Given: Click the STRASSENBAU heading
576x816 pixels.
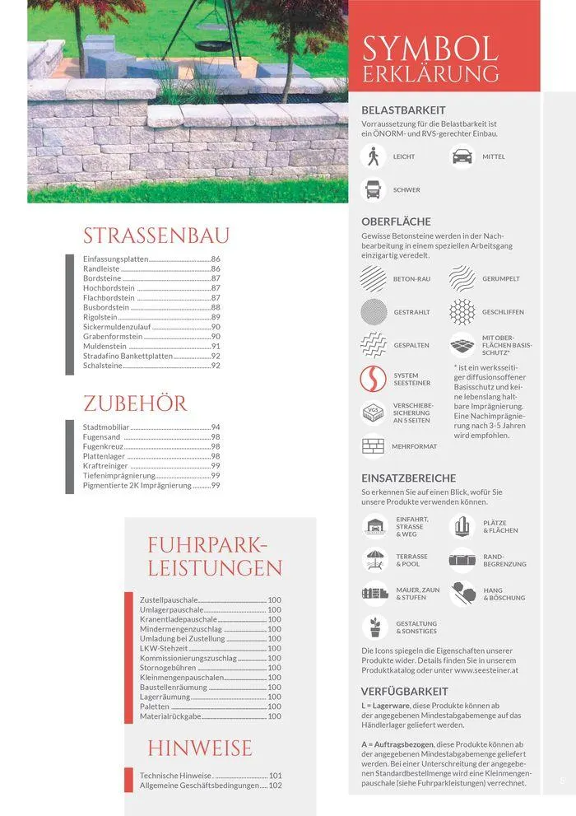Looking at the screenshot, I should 156,236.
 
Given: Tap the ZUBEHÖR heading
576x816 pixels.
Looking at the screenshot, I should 135,403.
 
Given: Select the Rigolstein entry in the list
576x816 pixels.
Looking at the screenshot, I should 100,317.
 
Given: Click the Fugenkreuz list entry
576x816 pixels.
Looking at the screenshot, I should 104,446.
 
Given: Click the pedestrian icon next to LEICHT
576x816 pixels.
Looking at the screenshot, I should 374,156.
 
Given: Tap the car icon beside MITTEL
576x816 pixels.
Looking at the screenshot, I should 462,156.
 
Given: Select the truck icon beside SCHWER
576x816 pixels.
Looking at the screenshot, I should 374,189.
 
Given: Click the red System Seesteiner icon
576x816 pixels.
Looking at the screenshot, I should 374,379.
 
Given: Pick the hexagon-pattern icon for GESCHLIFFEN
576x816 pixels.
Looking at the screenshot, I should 462,312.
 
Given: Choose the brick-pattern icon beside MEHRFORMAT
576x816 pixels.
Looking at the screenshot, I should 374,445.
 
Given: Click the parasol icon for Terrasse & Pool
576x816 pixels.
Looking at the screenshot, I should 374,560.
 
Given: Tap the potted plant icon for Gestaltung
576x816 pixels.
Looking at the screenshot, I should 374,627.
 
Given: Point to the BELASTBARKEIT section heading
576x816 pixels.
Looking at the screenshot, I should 403,110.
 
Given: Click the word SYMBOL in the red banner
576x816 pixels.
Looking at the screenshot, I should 430,49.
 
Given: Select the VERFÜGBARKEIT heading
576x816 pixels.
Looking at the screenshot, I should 405,692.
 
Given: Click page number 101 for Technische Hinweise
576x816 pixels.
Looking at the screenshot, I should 275,776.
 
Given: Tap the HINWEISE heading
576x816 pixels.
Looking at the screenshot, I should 200,748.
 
